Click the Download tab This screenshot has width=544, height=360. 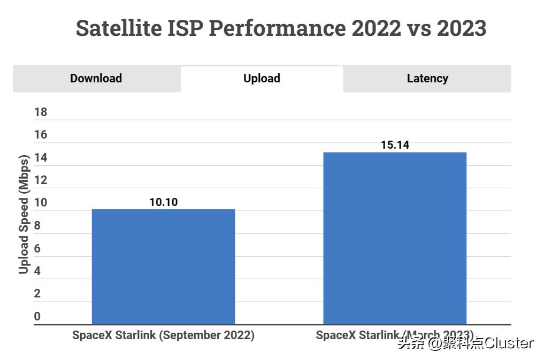96,79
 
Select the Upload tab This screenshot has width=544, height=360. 262,79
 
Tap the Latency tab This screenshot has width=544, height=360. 427,79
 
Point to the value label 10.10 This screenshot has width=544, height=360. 163,202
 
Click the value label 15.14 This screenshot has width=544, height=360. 395,145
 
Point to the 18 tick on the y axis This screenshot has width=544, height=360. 41,112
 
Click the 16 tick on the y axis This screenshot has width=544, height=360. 41,135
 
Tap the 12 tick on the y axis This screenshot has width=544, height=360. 41,180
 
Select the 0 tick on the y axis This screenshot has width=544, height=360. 37,317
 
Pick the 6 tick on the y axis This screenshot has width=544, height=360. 37,248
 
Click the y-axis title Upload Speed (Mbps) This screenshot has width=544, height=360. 24,214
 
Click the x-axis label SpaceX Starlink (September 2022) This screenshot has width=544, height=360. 163,335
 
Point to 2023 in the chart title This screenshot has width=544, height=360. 461,28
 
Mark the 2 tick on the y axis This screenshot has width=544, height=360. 37,294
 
